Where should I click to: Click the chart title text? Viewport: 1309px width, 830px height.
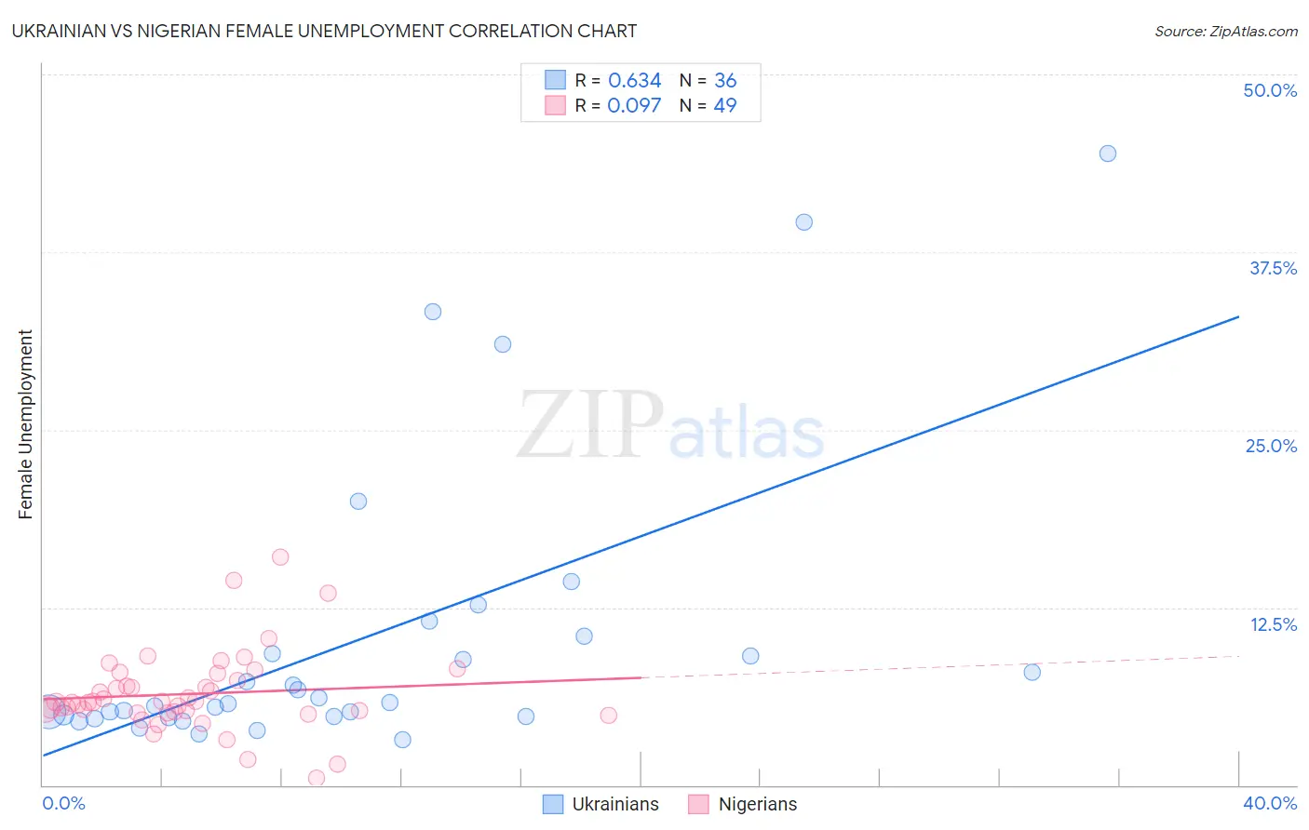point(324,31)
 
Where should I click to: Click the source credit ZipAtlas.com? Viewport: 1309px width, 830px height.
point(1225,31)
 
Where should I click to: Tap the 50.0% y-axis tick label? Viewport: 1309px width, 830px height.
point(1270,90)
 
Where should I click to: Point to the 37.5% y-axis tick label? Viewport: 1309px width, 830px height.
point(1273,268)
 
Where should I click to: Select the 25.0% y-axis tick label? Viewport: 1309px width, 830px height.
point(1271,446)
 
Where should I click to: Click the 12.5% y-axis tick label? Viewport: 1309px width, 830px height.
point(1273,624)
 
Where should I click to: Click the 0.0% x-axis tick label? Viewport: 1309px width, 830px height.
point(63,803)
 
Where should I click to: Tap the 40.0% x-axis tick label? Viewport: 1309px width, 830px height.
point(1269,803)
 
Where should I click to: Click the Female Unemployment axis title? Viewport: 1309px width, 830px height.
point(25,424)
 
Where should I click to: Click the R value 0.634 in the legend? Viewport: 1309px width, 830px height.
point(634,81)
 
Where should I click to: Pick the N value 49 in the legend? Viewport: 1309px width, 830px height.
point(725,105)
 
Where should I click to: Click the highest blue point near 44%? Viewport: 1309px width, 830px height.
point(1107,154)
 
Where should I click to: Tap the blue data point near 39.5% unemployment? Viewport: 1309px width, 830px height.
point(803,222)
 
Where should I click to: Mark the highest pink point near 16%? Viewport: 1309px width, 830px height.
point(280,557)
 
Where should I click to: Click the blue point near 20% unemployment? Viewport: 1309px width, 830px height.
point(358,502)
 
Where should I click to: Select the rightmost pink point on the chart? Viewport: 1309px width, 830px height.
point(608,716)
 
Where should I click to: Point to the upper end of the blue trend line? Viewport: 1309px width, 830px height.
point(1238,317)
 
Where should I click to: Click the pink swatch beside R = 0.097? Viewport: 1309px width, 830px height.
point(555,105)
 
